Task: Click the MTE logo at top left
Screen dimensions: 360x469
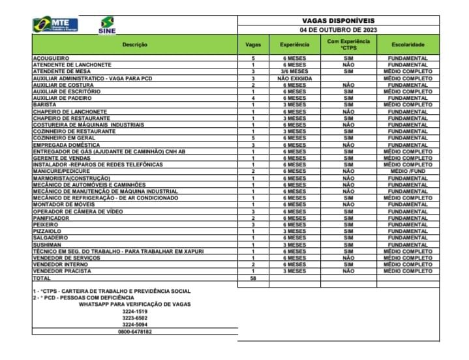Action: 55,25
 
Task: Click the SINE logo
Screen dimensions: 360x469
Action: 107,26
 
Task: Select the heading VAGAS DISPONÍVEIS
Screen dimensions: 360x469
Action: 339,21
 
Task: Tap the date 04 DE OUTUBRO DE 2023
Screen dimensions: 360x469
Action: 339,30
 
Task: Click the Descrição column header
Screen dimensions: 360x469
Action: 134,44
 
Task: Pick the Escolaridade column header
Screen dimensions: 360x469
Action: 408,44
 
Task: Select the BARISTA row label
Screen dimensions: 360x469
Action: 44,104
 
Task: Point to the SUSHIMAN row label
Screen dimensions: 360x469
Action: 47,245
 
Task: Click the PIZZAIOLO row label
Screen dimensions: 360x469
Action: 48,231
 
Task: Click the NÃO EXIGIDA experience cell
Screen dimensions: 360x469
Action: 294,78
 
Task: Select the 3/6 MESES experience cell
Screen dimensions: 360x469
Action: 294,72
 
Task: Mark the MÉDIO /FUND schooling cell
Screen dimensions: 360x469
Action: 408,172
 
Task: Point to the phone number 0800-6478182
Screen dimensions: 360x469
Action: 135,331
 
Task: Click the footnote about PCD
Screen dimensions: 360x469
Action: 83,297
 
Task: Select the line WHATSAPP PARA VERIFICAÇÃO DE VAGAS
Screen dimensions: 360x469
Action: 135,303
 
